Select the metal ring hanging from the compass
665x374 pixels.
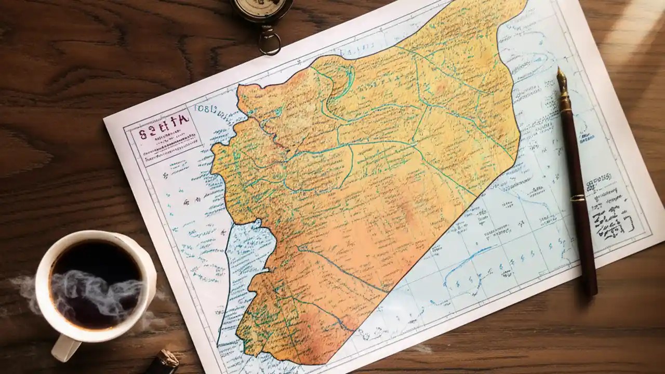click(x=269, y=42)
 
